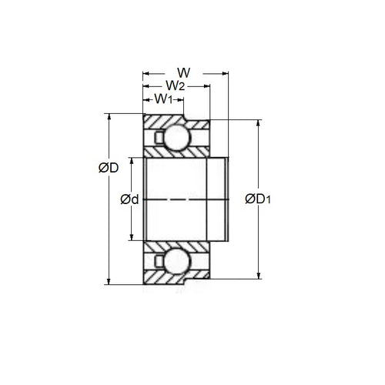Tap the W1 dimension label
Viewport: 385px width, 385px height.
(x=162, y=99)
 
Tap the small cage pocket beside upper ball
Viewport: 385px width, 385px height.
(x=158, y=138)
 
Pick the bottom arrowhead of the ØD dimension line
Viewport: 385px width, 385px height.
(x=110, y=282)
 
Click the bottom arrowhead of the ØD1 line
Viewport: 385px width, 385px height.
(x=256, y=276)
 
